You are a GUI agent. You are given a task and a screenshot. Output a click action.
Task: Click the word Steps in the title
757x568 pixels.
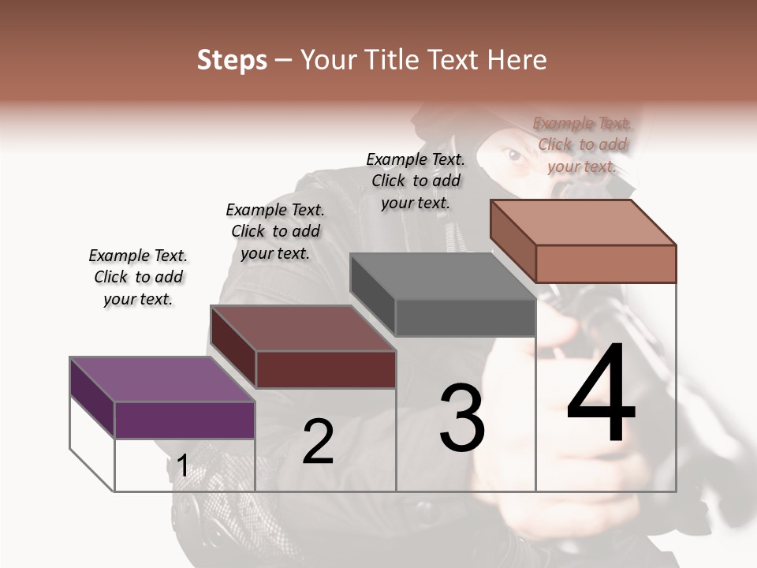click(x=232, y=60)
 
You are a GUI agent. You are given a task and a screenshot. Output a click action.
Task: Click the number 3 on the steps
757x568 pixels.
click(x=462, y=418)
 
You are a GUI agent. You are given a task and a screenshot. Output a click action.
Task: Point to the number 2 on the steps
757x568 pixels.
click(x=318, y=442)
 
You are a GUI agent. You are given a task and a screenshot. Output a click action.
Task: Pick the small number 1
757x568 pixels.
click(x=183, y=466)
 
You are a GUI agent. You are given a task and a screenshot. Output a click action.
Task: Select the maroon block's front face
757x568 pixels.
click(x=326, y=369)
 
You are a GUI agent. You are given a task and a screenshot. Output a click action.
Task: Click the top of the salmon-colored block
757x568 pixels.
click(x=584, y=222)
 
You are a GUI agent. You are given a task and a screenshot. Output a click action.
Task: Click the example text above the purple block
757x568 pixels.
click(x=138, y=277)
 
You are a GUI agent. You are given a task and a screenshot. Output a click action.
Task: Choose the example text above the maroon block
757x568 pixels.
click(x=275, y=231)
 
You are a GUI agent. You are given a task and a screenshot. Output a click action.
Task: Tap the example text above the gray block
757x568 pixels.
click(x=416, y=181)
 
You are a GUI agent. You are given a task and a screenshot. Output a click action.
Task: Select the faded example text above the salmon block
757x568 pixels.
click(x=582, y=144)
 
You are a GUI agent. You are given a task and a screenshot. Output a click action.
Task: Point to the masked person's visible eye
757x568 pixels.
click(x=514, y=156)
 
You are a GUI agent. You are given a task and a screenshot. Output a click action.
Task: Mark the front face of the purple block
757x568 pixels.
click(x=185, y=420)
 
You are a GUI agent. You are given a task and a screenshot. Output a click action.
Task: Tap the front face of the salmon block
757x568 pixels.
click(x=606, y=263)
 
